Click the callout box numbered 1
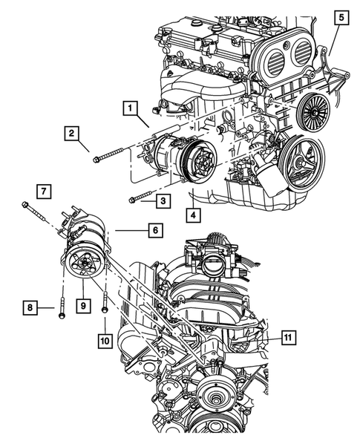[130, 108]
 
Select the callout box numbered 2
[72, 134]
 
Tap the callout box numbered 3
[163, 200]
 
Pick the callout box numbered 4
[193, 215]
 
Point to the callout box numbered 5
[341, 18]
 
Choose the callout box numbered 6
[156, 230]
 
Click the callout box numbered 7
[44, 192]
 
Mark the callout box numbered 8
[30, 307]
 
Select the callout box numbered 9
[84, 306]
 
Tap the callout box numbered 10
[105, 341]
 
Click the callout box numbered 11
[289, 338]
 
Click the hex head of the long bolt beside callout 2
[96, 160]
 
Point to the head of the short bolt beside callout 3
[131, 200]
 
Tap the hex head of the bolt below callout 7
[24, 204]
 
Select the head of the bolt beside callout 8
[62, 316]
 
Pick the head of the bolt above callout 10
[105, 310]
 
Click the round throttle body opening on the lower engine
[214, 264]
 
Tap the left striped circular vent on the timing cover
[275, 62]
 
